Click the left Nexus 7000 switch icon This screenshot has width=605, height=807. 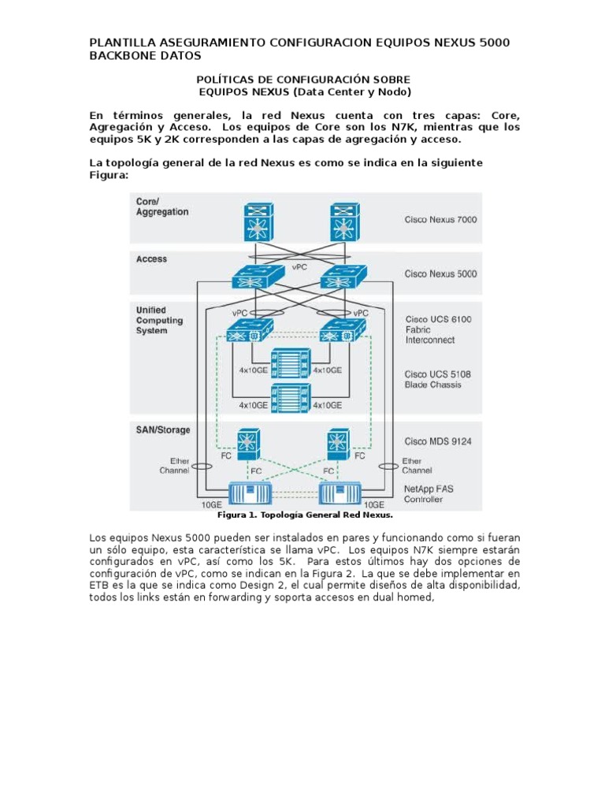pyautogui.click(x=255, y=224)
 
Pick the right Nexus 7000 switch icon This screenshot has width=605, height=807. pyautogui.click(x=342, y=224)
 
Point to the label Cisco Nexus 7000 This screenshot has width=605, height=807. pyautogui.click(x=440, y=220)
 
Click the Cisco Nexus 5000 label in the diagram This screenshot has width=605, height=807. pyautogui.click(x=440, y=274)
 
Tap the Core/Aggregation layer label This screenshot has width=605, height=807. pyautogui.click(x=162, y=206)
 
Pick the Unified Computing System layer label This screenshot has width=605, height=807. pyautogui.click(x=159, y=320)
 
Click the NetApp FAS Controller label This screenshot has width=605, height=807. pyautogui.click(x=429, y=494)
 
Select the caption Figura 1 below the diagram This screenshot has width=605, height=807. pyautogui.click(x=304, y=515)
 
